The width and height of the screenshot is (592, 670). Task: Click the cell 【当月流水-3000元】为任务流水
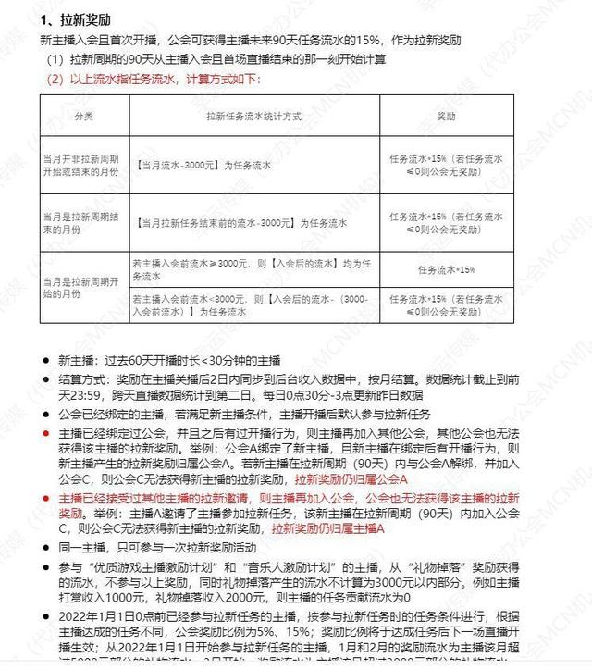[202, 165]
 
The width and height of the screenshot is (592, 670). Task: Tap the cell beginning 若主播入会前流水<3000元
[250, 305]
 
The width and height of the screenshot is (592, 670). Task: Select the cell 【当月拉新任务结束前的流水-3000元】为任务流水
[240, 224]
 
